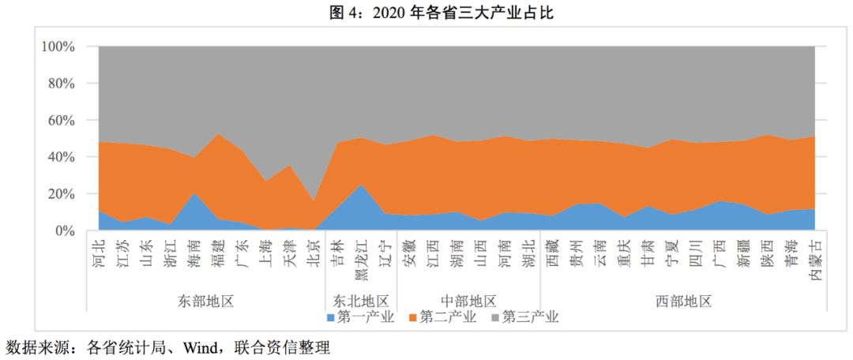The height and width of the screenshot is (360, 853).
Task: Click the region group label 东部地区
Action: click(207, 301)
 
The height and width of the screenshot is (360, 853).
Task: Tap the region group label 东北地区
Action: click(361, 301)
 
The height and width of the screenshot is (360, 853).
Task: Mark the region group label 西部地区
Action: click(684, 301)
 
